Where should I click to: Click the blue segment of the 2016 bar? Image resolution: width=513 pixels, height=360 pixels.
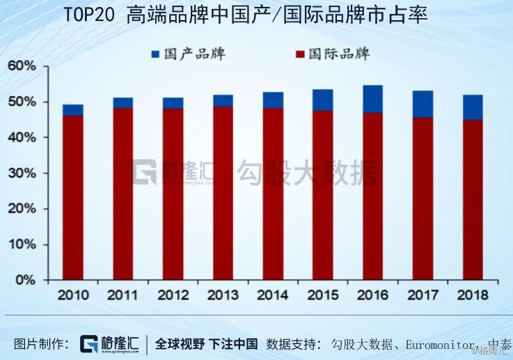pos(372,99)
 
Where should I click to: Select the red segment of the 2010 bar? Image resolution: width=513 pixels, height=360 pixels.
pos(72,197)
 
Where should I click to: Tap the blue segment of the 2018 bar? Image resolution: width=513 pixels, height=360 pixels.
pos(473,107)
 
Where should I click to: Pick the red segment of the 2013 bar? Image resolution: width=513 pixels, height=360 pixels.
pos(223,193)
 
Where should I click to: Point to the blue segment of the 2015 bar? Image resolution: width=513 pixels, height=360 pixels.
pos(322,100)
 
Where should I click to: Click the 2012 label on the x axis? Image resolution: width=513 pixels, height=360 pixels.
pos(173,295)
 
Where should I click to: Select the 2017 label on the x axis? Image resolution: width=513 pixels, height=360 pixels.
pos(423,295)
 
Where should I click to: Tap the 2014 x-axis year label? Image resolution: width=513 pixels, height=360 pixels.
pos(273,295)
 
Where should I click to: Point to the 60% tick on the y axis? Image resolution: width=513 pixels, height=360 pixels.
pos(21,66)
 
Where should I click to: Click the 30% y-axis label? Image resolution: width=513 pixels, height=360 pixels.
pos(21,173)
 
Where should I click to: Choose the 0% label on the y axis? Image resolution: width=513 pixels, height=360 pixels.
pos(24,280)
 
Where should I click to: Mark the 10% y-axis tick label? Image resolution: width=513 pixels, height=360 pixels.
pos(21,244)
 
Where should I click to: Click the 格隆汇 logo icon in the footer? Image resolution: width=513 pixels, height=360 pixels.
pos(88,344)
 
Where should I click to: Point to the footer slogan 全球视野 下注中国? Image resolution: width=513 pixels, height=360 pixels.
pos(206,344)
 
